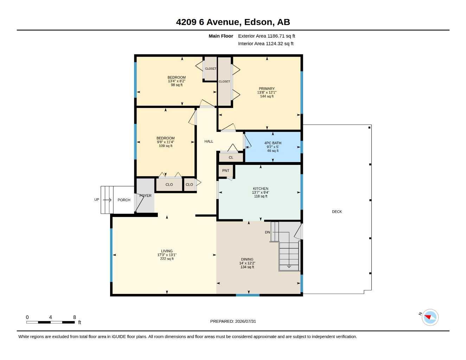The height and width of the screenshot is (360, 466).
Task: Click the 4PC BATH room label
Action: point(273,143)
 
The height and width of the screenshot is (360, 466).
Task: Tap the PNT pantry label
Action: point(225,171)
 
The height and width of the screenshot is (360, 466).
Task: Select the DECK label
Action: point(337,212)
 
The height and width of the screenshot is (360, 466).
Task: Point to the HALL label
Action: point(209,141)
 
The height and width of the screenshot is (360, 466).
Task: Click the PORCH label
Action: point(124,200)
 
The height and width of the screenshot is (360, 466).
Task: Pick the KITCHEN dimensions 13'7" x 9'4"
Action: point(260,192)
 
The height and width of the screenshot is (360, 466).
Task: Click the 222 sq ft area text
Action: point(167,259)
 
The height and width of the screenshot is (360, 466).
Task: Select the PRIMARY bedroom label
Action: point(267,89)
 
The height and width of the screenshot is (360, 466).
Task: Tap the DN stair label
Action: point(267,232)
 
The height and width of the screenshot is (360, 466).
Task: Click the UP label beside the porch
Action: point(97,199)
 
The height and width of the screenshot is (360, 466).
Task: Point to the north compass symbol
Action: point(430,317)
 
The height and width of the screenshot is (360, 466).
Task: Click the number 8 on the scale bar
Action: point(75,317)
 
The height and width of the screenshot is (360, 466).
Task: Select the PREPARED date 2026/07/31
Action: point(245,321)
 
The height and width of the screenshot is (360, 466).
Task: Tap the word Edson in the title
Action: point(258,22)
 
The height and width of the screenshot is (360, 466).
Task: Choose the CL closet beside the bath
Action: point(231,157)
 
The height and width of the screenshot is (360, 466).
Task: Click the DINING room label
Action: point(247,259)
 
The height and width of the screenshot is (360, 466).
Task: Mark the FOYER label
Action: point(145,195)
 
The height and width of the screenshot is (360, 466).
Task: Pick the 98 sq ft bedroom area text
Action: point(177,85)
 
